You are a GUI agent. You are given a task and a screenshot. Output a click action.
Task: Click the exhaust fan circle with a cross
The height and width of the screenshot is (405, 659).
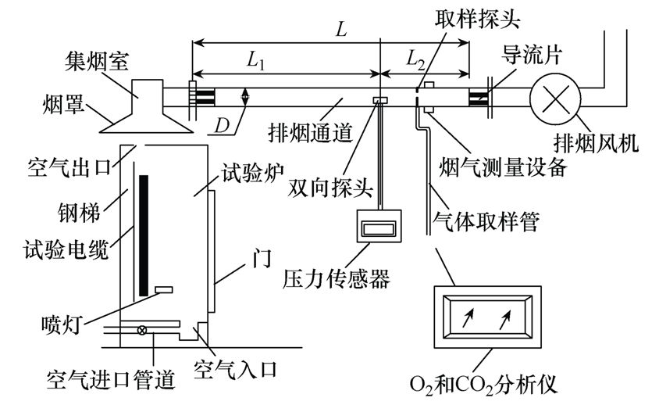[555, 99]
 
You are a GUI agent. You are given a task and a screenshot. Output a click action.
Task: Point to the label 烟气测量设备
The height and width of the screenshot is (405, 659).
[503, 167]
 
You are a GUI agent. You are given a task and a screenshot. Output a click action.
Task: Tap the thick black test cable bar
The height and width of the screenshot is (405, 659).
[144, 235]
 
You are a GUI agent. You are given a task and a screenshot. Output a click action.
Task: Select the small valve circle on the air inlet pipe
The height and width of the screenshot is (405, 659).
[142, 331]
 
